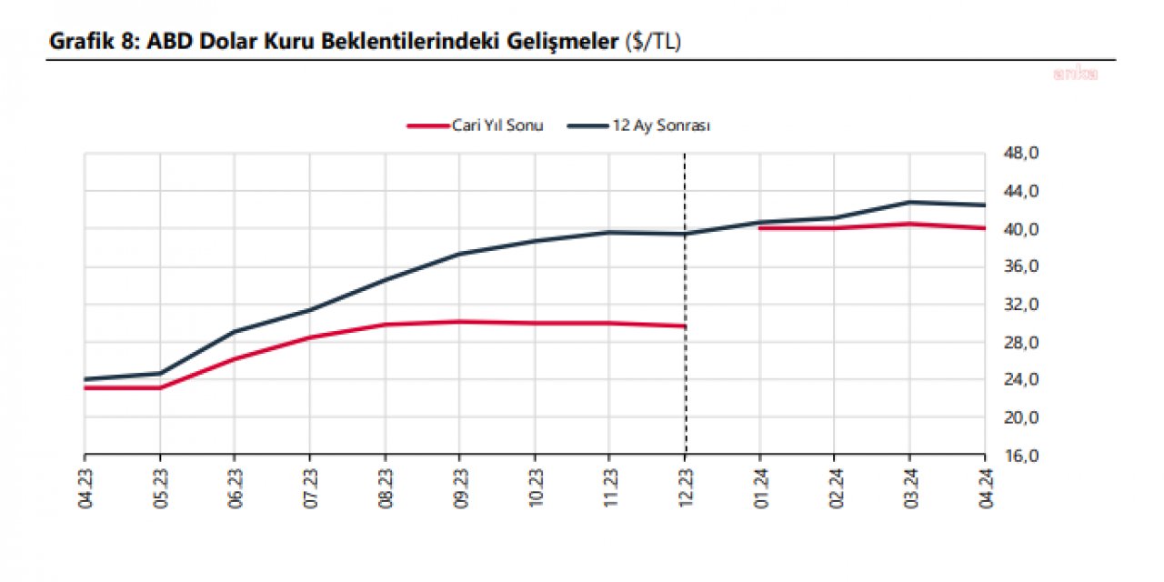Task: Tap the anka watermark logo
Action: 1076,74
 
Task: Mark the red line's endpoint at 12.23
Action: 685,326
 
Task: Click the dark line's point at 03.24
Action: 909,202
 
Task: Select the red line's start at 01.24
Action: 760,228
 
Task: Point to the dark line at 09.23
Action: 460,254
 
